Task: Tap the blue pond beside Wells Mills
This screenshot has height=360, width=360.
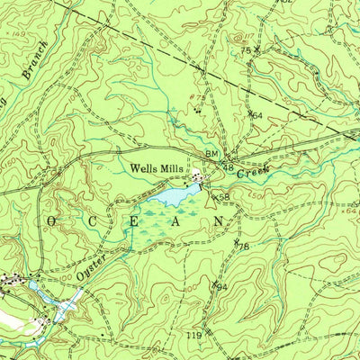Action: [x=170, y=193]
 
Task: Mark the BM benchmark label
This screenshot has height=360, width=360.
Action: [x=212, y=157]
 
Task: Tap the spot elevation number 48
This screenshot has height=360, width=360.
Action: [x=230, y=168]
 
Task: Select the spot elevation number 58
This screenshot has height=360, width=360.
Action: [x=224, y=197]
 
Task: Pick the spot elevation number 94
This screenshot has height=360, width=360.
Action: [x=220, y=287]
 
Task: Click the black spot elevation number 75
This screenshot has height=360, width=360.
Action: [x=244, y=50]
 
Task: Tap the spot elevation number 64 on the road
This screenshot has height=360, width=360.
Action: [x=256, y=115]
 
